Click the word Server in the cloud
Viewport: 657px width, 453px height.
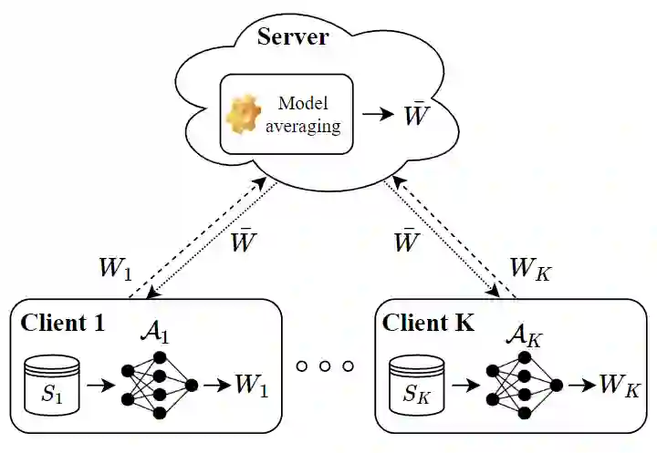pyautogui.click(x=293, y=36)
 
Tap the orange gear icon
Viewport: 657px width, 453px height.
pyautogui.click(x=244, y=113)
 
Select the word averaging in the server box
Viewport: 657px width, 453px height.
pyautogui.click(x=303, y=127)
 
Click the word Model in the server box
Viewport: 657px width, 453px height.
pyautogui.click(x=303, y=103)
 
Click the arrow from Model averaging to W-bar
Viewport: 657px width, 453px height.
pyautogui.click(x=378, y=113)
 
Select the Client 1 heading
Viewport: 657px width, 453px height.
pyautogui.click(x=62, y=323)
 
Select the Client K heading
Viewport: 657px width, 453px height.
pyautogui.click(x=428, y=323)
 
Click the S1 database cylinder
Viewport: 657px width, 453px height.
pyautogui.click(x=51, y=385)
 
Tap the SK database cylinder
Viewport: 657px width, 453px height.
pyautogui.click(x=416, y=385)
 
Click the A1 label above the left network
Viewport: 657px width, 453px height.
pyautogui.click(x=155, y=334)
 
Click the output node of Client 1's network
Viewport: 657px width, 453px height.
pyautogui.click(x=192, y=386)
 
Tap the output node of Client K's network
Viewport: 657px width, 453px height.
pyautogui.click(x=557, y=386)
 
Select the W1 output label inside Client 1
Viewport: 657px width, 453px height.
pyautogui.click(x=252, y=385)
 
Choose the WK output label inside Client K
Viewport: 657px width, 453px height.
pyautogui.click(x=620, y=386)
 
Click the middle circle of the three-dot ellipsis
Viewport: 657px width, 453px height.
pyautogui.click(x=325, y=366)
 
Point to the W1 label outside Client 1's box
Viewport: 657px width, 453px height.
pyautogui.click(x=116, y=269)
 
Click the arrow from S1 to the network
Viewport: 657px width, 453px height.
pyautogui.click(x=100, y=386)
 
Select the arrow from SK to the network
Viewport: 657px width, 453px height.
pyautogui.click(x=466, y=386)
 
